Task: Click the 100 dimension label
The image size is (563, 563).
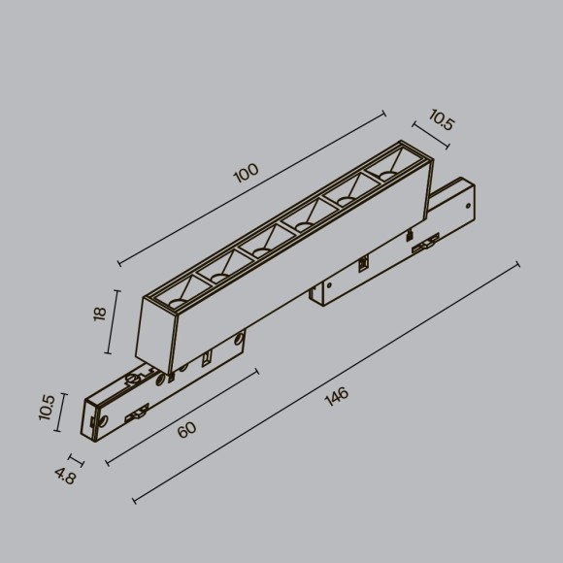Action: pyautogui.click(x=247, y=173)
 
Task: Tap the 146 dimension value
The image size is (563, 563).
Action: pyautogui.click(x=336, y=397)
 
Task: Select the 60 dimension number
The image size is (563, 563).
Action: pyautogui.click(x=187, y=430)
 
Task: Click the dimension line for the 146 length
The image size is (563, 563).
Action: pyautogui.click(x=325, y=382)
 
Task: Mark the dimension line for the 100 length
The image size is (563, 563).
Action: pyautogui.click(x=251, y=188)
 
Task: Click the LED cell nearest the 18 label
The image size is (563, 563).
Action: pyautogui.click(x=176, y=293)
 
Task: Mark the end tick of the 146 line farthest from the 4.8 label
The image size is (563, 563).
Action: pyautogui.click(x=517, y=264)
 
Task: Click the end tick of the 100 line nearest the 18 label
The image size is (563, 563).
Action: pyautogui.click(x=118, y=263)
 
